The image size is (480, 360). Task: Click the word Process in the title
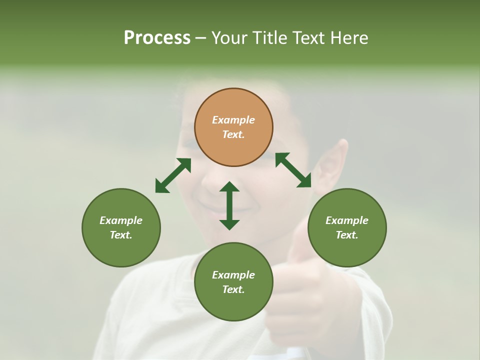[x=157, y=38]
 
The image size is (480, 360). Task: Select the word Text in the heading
[x=308, y=38]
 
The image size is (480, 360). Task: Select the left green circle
[x=121, y=227]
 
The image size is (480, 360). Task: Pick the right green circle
[x=347, y=227]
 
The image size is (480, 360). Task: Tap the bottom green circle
[x=233, y=281]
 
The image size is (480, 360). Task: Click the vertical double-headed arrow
[x=229, y=205]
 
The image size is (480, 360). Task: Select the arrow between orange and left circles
[x=173, y=175]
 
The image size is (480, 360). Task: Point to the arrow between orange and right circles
[x=293, y=170]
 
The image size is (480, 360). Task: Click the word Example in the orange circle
[x=233, y=120]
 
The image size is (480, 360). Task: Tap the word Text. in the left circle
[x=121, y=235]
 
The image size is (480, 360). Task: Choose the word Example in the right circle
[x=347, y=220]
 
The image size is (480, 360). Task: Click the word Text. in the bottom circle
[x=233, y=289]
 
